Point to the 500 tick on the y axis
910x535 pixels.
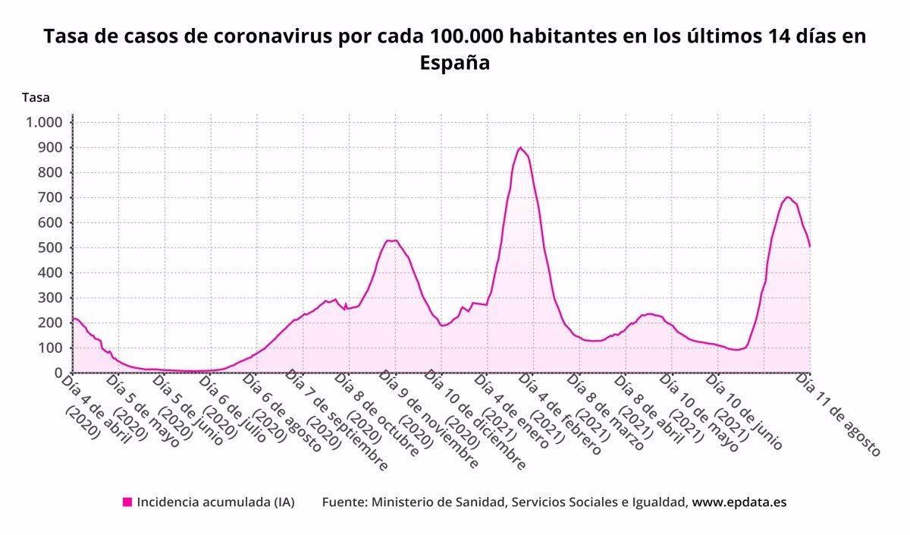(x=50, y=248)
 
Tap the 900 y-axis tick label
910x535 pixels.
(x=50, y=148)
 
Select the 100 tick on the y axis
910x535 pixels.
(x=50, y=348)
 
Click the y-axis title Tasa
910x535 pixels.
(x=36, y=97)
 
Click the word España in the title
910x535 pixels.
(x=455, y=63)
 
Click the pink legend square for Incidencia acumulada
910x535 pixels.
(x=127, y=502)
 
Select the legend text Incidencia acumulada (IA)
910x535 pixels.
(x=215, y=502)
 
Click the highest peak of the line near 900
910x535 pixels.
(x=519, y=147)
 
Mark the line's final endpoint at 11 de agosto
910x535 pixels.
(x=810, y=247)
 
